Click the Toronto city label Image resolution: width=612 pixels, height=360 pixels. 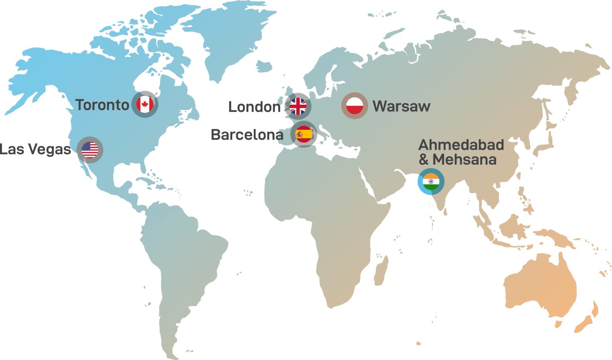102,105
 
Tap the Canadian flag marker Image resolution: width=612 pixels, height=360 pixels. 145,104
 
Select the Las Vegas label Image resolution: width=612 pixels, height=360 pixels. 36,149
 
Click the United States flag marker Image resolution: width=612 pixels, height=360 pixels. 90,150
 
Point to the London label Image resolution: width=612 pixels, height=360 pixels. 254,107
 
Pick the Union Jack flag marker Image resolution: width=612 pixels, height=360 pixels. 298,106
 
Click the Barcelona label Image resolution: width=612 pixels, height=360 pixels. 247,135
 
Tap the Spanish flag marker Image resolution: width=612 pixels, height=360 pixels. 304,134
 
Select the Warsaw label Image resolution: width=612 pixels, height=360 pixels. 401,106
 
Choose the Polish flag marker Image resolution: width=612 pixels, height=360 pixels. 355,106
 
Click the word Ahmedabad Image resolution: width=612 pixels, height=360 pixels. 461,145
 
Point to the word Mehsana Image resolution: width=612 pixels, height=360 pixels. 465,160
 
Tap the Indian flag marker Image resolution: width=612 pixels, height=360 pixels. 431,182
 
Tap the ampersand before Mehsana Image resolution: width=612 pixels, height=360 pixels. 424,160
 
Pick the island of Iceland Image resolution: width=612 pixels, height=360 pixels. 264,66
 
